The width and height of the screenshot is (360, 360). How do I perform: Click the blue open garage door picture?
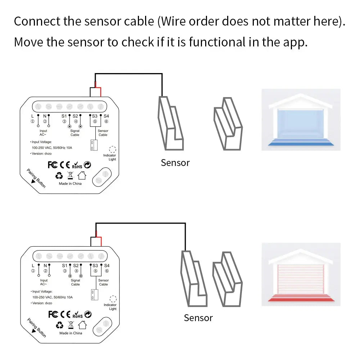click(301, 120)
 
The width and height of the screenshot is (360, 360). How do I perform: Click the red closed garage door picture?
click(301, 275)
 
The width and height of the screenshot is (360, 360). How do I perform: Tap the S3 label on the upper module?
click(95, 116)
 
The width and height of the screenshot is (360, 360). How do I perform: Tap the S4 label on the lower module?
click(107, 265)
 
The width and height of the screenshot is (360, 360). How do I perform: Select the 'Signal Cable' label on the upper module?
click(75, 133)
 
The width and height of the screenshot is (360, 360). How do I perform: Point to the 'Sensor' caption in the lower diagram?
click(198, 318)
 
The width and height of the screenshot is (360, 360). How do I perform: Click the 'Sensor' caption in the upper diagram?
click(175, 163)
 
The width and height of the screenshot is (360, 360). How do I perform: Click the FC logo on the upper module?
click(53, 165)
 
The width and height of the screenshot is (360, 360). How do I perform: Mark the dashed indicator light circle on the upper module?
click(112, 149)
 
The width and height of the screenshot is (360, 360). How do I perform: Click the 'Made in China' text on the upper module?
click(70, 184)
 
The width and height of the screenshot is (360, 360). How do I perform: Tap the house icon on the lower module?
click(82, 325)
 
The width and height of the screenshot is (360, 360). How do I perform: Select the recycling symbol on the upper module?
click(59, 176)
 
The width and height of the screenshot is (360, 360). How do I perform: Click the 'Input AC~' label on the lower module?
click(44, 282)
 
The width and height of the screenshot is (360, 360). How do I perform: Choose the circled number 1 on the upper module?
click(32, 122)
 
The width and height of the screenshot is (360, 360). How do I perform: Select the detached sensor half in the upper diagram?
click(228, 124)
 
